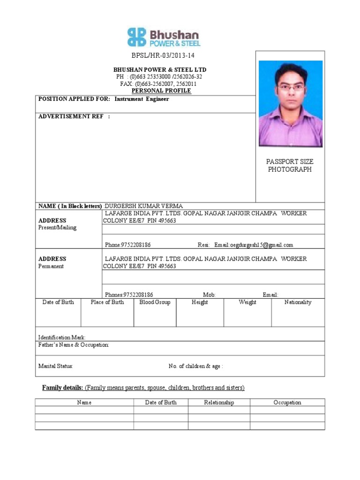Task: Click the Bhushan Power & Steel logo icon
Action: (x=136, y=37)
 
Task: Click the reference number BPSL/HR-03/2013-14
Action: (x=163, y=56)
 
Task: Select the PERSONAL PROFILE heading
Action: (x=161, y=90)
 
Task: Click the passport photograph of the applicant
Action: (x=291, y=104)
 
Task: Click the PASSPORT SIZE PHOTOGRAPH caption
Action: (x=290, y=165)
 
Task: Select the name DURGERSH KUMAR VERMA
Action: (x=144, y=206)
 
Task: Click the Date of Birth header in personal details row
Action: (x=58, y=302)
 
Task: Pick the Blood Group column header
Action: (x=155, y=302)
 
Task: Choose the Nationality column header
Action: (x=298, y=302)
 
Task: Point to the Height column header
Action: (x=200, y=302)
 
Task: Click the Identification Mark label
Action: (x=62, y=337)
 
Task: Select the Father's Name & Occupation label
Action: (x=74, y=345)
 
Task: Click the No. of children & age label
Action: (x=195, y=366)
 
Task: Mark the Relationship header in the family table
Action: (x=219, y=403)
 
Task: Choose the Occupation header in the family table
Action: (x=287, y=403)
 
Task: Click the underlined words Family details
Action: (x=63, y=388)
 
